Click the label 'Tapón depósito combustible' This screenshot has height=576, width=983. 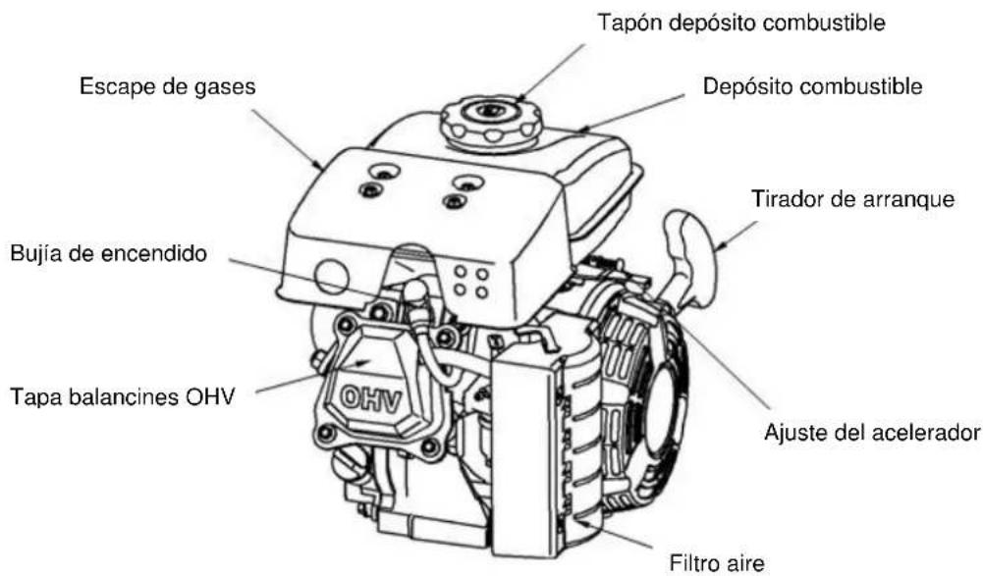click(741, 24)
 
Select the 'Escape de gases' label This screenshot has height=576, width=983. click(167, 86)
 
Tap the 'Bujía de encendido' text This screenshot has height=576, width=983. click(108, 253)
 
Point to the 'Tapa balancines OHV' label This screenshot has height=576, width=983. click(122, 396)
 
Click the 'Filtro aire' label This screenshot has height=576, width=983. click(717, 562)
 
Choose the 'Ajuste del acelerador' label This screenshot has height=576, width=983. click(871, 433)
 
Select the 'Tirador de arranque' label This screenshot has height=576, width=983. click(852, 199)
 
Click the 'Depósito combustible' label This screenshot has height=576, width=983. click(812, 86)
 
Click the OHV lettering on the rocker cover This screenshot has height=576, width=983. click(370, 399)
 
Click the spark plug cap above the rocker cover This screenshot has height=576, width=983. click(415, 293)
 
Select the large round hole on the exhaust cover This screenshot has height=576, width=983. click(332, 276)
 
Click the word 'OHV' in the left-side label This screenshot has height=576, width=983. click(210, 396)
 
